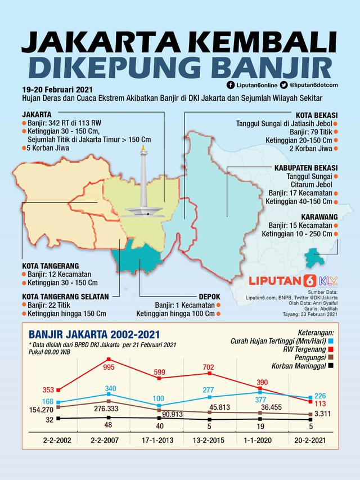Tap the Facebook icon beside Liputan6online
(230, 86)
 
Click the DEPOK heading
(209, 297)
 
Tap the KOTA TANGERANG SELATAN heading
(61, 295)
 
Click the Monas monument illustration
(142, 186)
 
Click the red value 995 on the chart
(109, 367)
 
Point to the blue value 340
(110, 388)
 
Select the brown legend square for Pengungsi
(332, 357)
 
